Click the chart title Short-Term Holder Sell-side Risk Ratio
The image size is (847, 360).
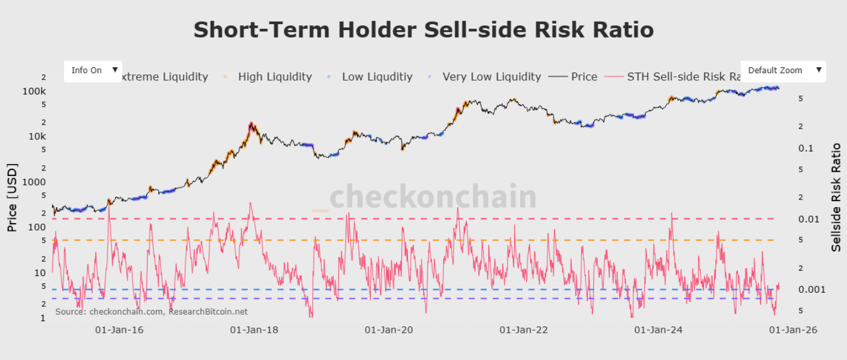pos(423,30)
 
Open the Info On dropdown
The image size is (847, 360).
pos(93,70)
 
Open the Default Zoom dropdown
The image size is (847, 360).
pos(783,70)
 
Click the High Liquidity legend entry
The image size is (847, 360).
pos(274,77)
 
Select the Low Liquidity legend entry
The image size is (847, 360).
pos(377,77)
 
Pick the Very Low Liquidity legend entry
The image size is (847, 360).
pos(491,77)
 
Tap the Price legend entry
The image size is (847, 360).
pos(584,77)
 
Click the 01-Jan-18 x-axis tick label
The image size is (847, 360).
pos(254,330)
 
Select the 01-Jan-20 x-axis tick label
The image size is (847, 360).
pos(388,330)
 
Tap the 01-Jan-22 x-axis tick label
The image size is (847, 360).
pos(524,330)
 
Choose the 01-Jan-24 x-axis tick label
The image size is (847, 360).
pos(658,330)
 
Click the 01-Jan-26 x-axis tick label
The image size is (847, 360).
pos(793,330)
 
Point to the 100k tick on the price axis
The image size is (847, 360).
pos(34,91)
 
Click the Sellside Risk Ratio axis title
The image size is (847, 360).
pos(836,197)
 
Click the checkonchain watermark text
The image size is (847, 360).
pos(432,197)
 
